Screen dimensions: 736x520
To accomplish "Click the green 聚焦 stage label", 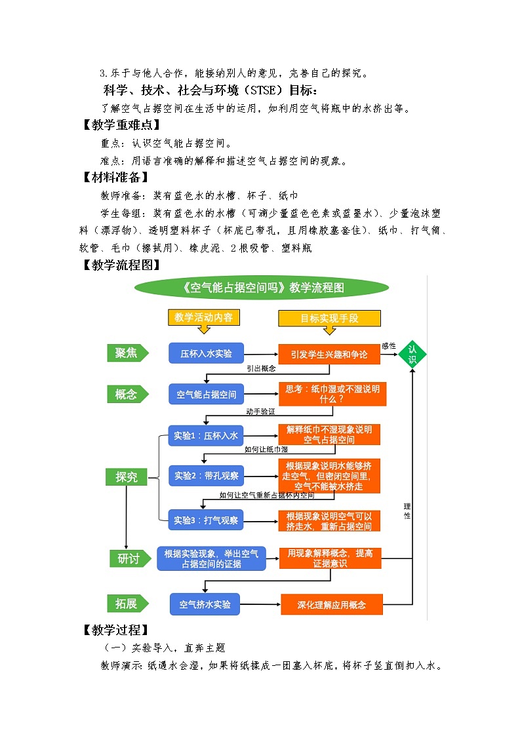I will (x=127, y=353).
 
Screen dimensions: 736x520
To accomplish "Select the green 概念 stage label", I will (x=127, y=395).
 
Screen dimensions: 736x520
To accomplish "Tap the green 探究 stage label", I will (x=127, y=477).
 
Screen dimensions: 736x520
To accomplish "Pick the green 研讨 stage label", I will (x=128, y=558).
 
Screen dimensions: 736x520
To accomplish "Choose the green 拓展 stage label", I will (x=127, y=603).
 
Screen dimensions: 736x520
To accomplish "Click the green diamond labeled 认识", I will (x=412, y=355).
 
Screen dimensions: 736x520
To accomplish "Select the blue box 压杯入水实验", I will (x=206, y=353).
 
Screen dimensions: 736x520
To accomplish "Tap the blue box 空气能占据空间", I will (x=206, y=395).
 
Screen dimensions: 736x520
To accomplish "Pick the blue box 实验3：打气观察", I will (x=206, y=521).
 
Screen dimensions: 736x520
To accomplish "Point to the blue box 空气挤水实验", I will (x=205, y=604).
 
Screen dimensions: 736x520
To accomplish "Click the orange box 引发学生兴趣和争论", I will (x=329, y=355).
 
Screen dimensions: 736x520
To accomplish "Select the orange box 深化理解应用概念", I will (x=331, y=604).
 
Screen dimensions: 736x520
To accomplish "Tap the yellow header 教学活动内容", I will (x=203, y=318).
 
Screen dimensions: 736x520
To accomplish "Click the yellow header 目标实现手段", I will (x=329, y=319).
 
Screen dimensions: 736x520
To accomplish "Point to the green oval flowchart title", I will (x=261, y=287).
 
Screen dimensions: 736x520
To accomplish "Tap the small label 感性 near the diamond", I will (x=389, y=345).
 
